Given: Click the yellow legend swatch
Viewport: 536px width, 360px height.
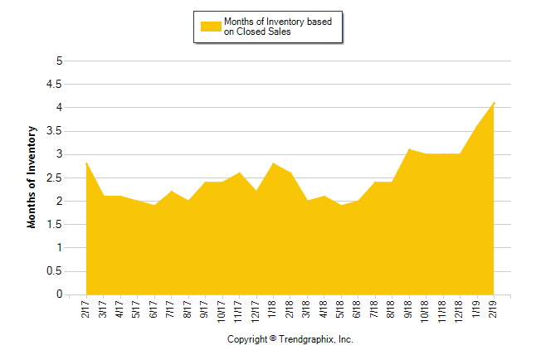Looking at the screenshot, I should (211, 27).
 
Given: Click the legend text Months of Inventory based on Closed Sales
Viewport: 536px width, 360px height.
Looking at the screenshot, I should (277, 27).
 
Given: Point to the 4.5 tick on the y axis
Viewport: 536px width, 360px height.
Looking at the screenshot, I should (57, 84).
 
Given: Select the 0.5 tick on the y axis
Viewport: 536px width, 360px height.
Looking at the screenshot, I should (57, 270).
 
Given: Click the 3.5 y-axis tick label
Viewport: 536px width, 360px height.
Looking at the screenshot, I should (57, 130).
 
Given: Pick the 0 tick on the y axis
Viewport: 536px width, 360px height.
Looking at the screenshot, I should (60, 294).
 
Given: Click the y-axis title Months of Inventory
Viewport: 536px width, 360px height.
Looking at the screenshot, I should (32, 177).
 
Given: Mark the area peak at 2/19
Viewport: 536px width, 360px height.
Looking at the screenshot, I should (495, 102).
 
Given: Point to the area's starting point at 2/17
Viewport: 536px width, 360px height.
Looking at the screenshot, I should (86, 163).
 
